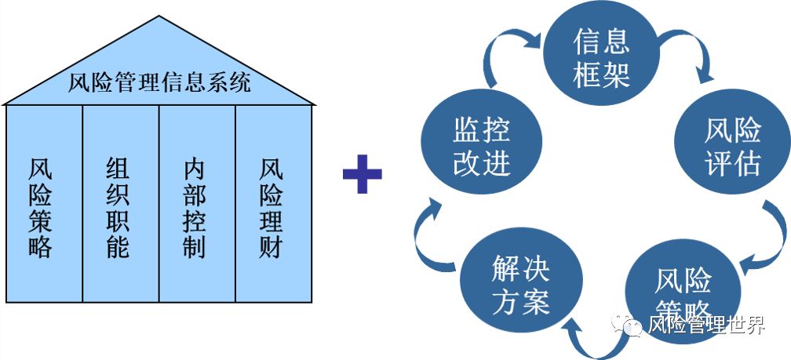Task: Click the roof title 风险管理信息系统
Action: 160,82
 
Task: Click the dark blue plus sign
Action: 362,173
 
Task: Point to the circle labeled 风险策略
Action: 681,292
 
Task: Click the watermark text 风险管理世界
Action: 705,326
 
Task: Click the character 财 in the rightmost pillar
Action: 272,247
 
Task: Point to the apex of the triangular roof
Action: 159,16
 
